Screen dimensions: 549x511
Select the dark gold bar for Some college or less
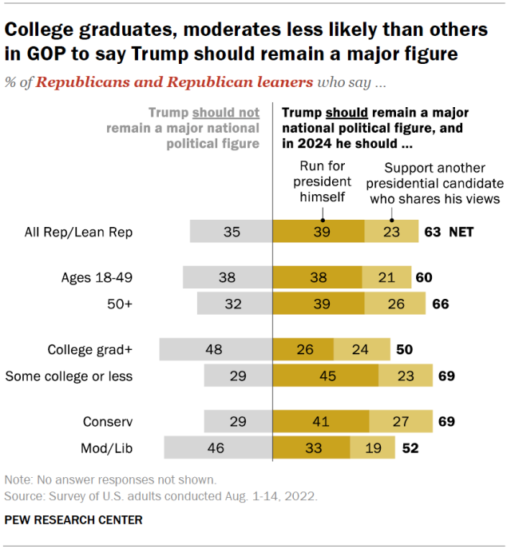tap(326, 376)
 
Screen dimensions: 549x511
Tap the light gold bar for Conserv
tap(401, 421)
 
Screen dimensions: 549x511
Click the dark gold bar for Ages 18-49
tap(318, 277)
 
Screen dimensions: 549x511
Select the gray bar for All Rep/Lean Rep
tap(232, 233)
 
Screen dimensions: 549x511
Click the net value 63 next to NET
tap(433, 233)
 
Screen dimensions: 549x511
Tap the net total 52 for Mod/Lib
tap(410, 448)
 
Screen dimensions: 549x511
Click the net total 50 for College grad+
tap(404, 349)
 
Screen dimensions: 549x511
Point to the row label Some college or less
tap(69, 376)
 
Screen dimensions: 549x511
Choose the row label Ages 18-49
tap(97, 277)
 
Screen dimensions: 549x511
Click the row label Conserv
tap(108, 421)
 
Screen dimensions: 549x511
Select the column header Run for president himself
tap(323, 183)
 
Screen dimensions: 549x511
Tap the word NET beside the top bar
tap(461, 233)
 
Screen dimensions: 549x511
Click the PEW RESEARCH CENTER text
tap(73, 520)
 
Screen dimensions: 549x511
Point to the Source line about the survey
tap(160, 495)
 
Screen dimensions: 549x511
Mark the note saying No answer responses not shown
tap(110, 480)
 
